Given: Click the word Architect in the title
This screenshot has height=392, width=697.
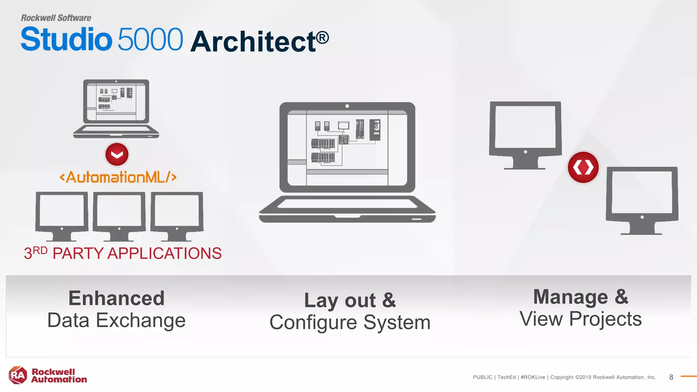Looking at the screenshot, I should (253, 42).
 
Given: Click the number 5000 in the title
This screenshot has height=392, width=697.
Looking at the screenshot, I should (150, 39).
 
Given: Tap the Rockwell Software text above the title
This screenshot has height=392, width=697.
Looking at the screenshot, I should (56, 18).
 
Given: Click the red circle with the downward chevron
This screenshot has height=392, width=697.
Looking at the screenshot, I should (117, 154).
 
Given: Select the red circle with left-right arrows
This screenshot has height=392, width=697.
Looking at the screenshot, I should (583, 167).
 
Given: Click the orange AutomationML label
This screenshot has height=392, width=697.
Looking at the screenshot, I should (118, 177).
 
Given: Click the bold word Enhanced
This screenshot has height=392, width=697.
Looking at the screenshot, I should (116, 298).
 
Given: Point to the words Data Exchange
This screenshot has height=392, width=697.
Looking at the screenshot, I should (116, 321).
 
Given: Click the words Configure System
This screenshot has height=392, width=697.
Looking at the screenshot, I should (350, 323).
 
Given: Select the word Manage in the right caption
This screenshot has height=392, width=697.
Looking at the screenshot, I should (570, 297).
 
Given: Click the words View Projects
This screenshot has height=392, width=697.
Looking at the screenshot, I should (581, 319).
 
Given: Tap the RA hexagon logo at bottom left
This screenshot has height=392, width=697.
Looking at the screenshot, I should (18, 375).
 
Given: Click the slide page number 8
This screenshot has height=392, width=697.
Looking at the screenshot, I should (671, 377).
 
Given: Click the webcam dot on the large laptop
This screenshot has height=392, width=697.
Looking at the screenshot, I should (347, 106).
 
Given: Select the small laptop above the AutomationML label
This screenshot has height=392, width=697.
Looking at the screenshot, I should (116, 108).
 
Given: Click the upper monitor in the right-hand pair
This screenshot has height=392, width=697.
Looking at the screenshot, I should (525, 134).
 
